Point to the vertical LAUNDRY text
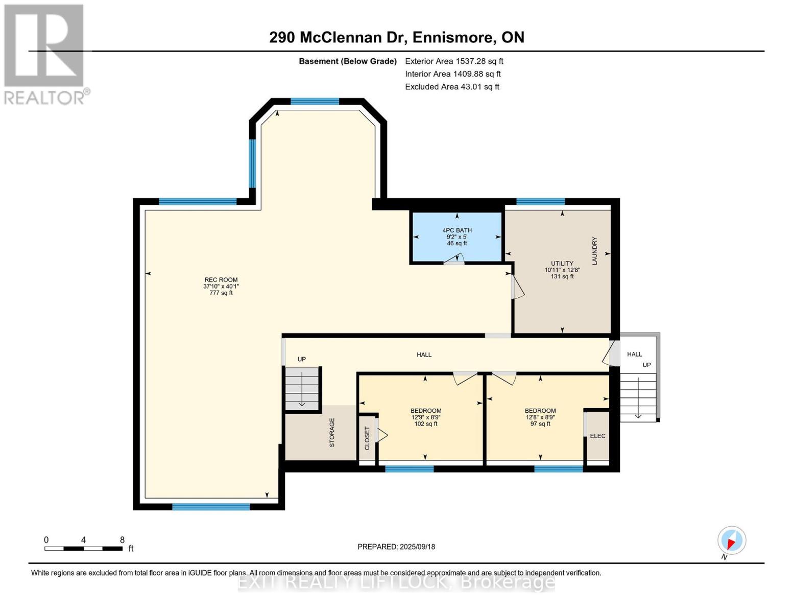594,251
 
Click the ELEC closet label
597,436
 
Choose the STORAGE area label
332,433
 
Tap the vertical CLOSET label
367,438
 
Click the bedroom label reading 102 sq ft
426,417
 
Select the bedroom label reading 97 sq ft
540,417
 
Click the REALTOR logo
44,54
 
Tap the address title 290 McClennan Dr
396,37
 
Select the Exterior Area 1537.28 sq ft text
454,61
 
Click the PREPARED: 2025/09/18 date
396,547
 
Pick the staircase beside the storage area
302,388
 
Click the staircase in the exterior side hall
638,397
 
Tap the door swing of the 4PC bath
454,260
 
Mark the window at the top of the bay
315,101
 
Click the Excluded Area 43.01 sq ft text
452,87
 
